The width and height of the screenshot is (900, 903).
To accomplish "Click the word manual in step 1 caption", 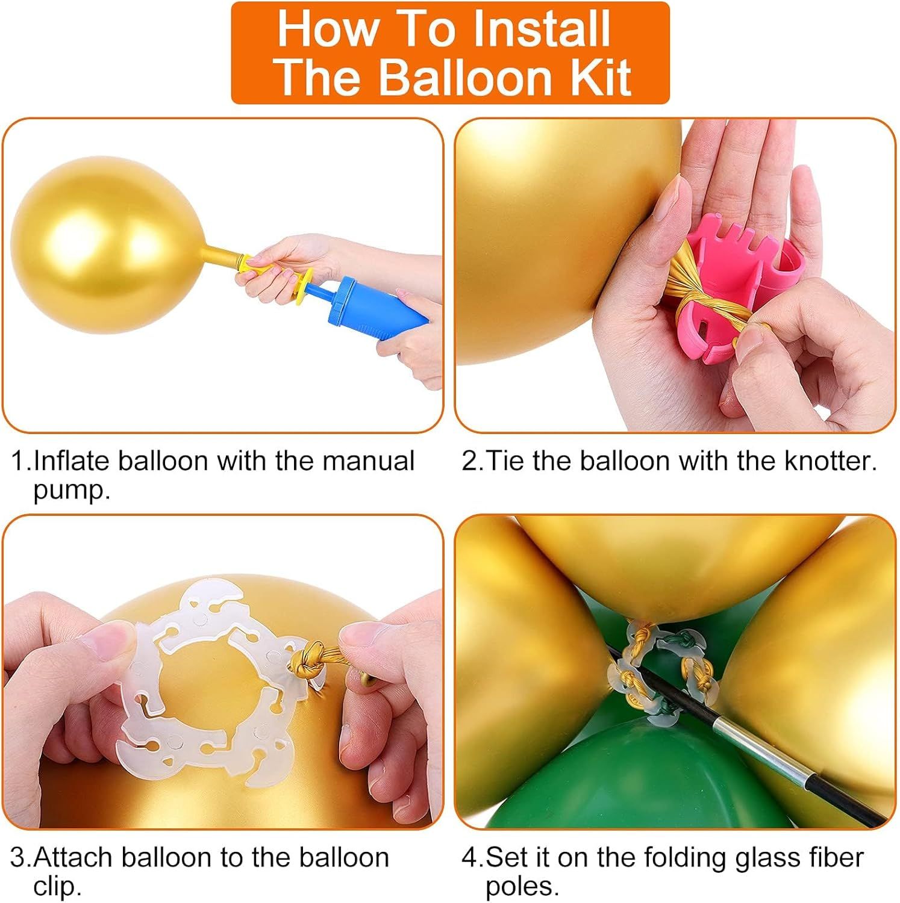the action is (x=368, y=462).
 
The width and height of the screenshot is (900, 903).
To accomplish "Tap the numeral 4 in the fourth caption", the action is (x=470, y=857).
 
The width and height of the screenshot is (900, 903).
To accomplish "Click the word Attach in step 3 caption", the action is (x=73, y=857).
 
